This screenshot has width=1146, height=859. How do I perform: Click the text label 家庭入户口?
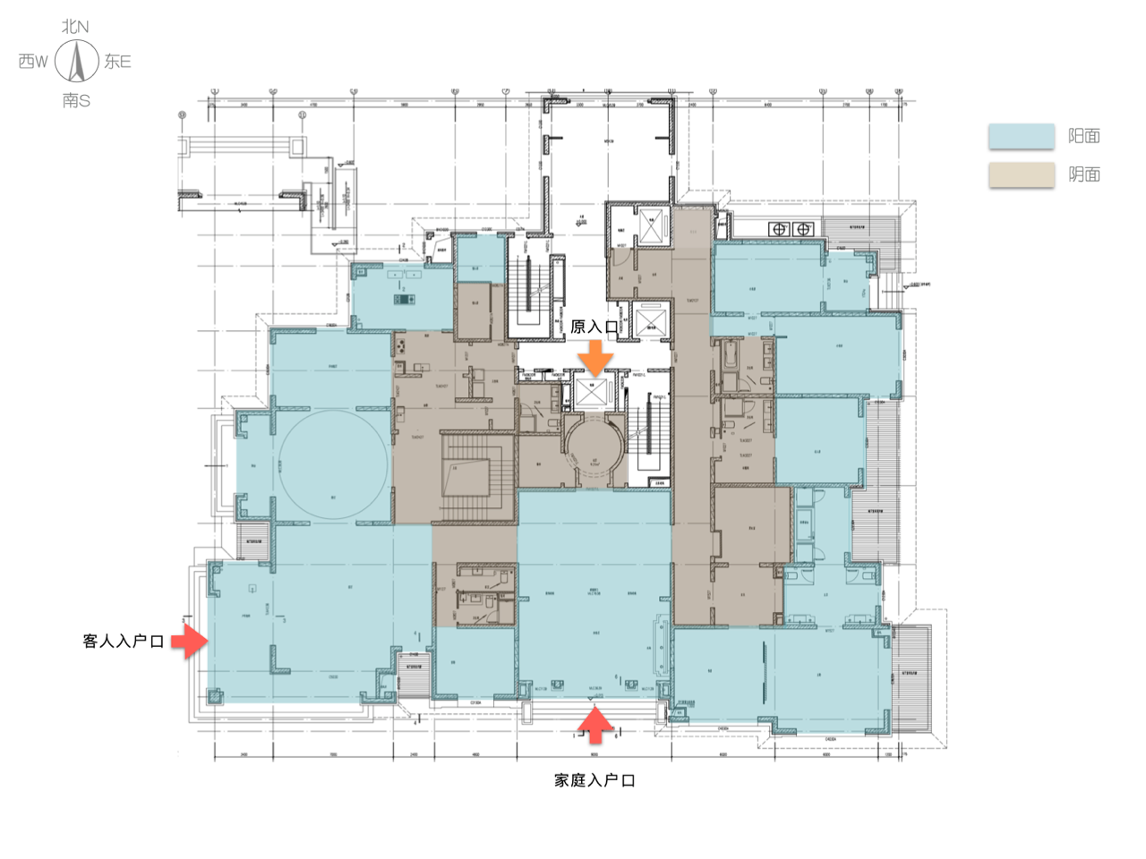pyautogui.click(x=594, y=780)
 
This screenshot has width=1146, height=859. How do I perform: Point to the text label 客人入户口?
pyautogui.click(x=123, y=642)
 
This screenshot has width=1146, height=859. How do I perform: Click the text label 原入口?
pyautogui.click(x=594, y=327)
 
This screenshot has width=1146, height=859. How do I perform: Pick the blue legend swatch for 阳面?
pyautogui.click(x=1022, y=136)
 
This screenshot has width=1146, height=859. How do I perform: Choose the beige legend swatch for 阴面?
pyautogui.click(x=1022, y=174)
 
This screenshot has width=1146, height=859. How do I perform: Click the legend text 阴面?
pyautogui.click(x=1084, y=174)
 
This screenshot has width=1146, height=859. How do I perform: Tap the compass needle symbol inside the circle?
pyautogui.click(x=76, y=63)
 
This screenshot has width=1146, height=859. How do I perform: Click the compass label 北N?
pyautogui.click(x=75, y=27)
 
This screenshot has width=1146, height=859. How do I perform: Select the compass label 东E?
pyautogui.click(x=117, y=62)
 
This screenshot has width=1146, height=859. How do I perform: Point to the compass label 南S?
pyautogui.click(x=76, y=100)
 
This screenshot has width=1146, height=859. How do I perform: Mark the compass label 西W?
pyautogui.click(x=33, y=62)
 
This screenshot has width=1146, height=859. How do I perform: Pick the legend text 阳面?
pyautogui.click(x=1084, y=136)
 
